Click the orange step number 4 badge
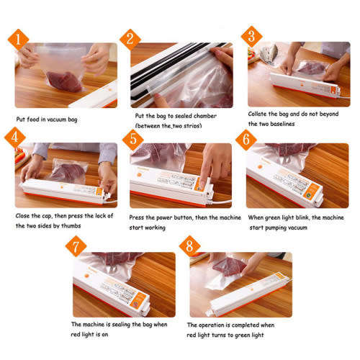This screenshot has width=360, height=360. click(13, 137)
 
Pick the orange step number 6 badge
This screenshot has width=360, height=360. click(246, 138)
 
